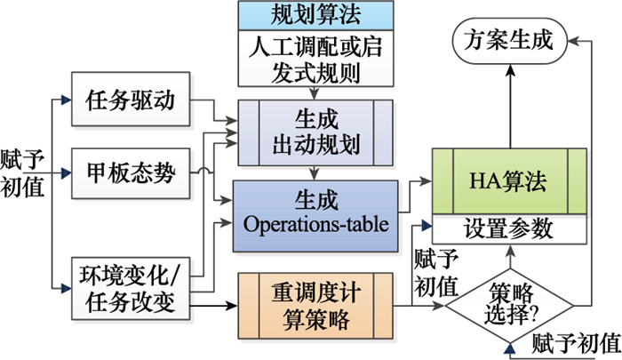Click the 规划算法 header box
(x=310, y=15)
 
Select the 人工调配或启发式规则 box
(x=310, y=59)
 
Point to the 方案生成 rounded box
(x=509, y=40)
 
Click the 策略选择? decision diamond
(x=509, y=303)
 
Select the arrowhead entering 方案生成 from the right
(x=572, y=40)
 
